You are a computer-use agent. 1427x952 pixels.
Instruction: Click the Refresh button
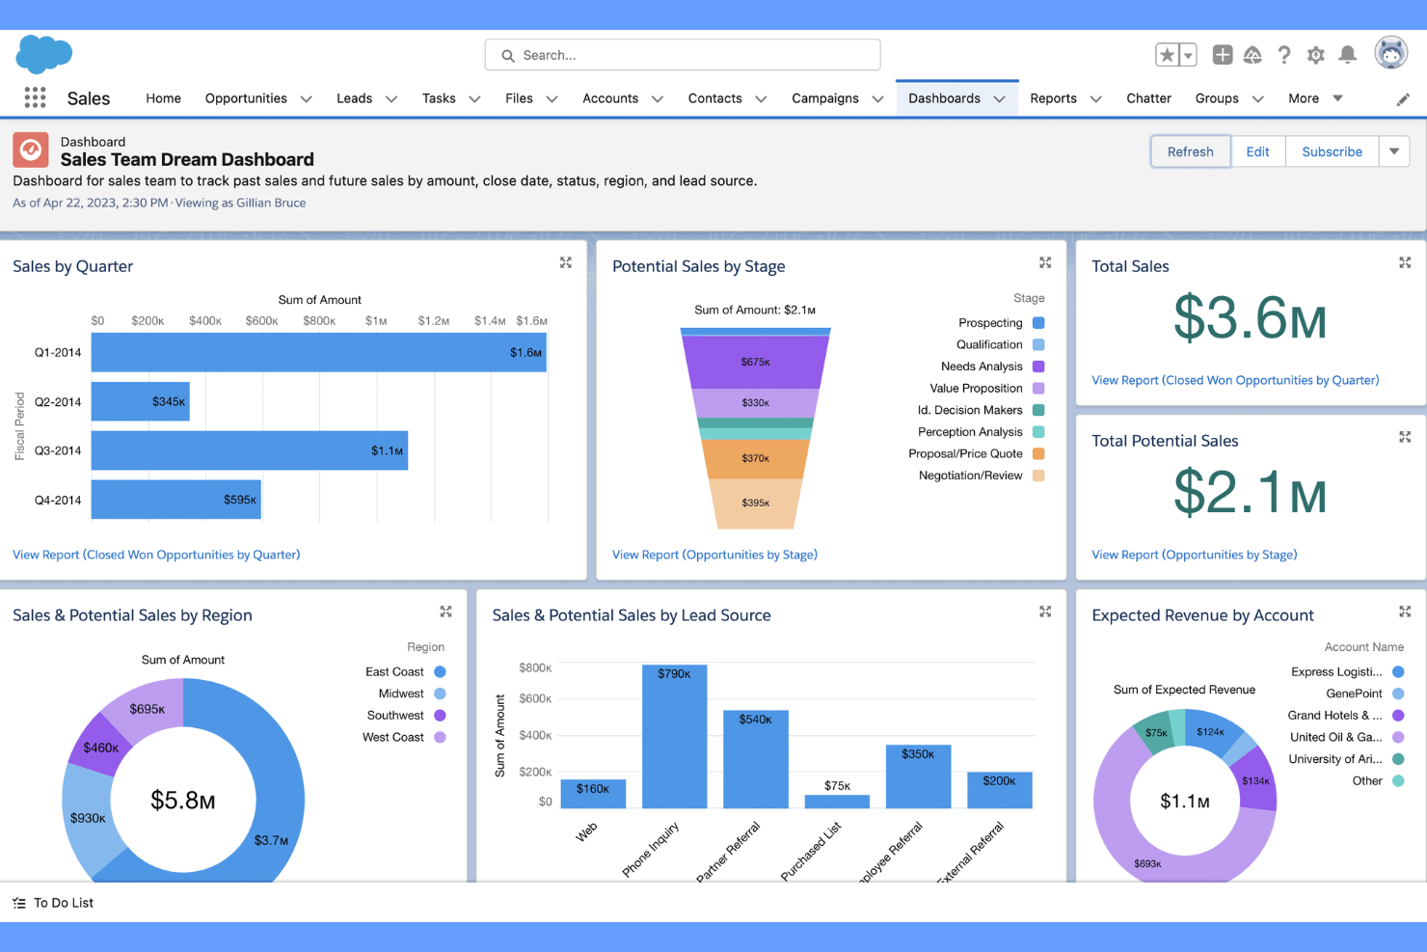(x=1190, y=151)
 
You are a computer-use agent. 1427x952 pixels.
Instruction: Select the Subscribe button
(x=1332, y=151)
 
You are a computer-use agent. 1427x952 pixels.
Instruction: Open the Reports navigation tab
(x=1053, y=98)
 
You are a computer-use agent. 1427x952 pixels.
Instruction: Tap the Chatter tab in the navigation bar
(x=1148, y=98)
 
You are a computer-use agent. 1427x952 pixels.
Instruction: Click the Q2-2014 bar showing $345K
(x=140, y=401)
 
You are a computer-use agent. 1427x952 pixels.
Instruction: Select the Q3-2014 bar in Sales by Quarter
(x=249, y=450)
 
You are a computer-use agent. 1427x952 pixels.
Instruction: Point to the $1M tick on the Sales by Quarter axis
(x=376, y=320)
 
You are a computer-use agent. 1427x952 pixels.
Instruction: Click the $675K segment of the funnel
(x=755, y=362)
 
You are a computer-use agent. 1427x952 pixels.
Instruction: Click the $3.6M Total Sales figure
(x=1250, y=317)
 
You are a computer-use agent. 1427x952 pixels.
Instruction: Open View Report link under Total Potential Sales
(x=1194, y=555)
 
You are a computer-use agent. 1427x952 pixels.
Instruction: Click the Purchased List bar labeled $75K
(x=837, y=801)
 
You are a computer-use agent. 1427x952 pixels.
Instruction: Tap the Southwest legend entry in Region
(x=395, y=715)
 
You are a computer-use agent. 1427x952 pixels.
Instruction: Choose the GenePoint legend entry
(x=1354, y=694)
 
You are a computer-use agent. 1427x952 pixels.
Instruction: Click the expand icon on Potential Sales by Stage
(x=1045, y=262)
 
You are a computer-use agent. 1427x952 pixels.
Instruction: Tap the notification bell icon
(x=1348, y=55)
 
